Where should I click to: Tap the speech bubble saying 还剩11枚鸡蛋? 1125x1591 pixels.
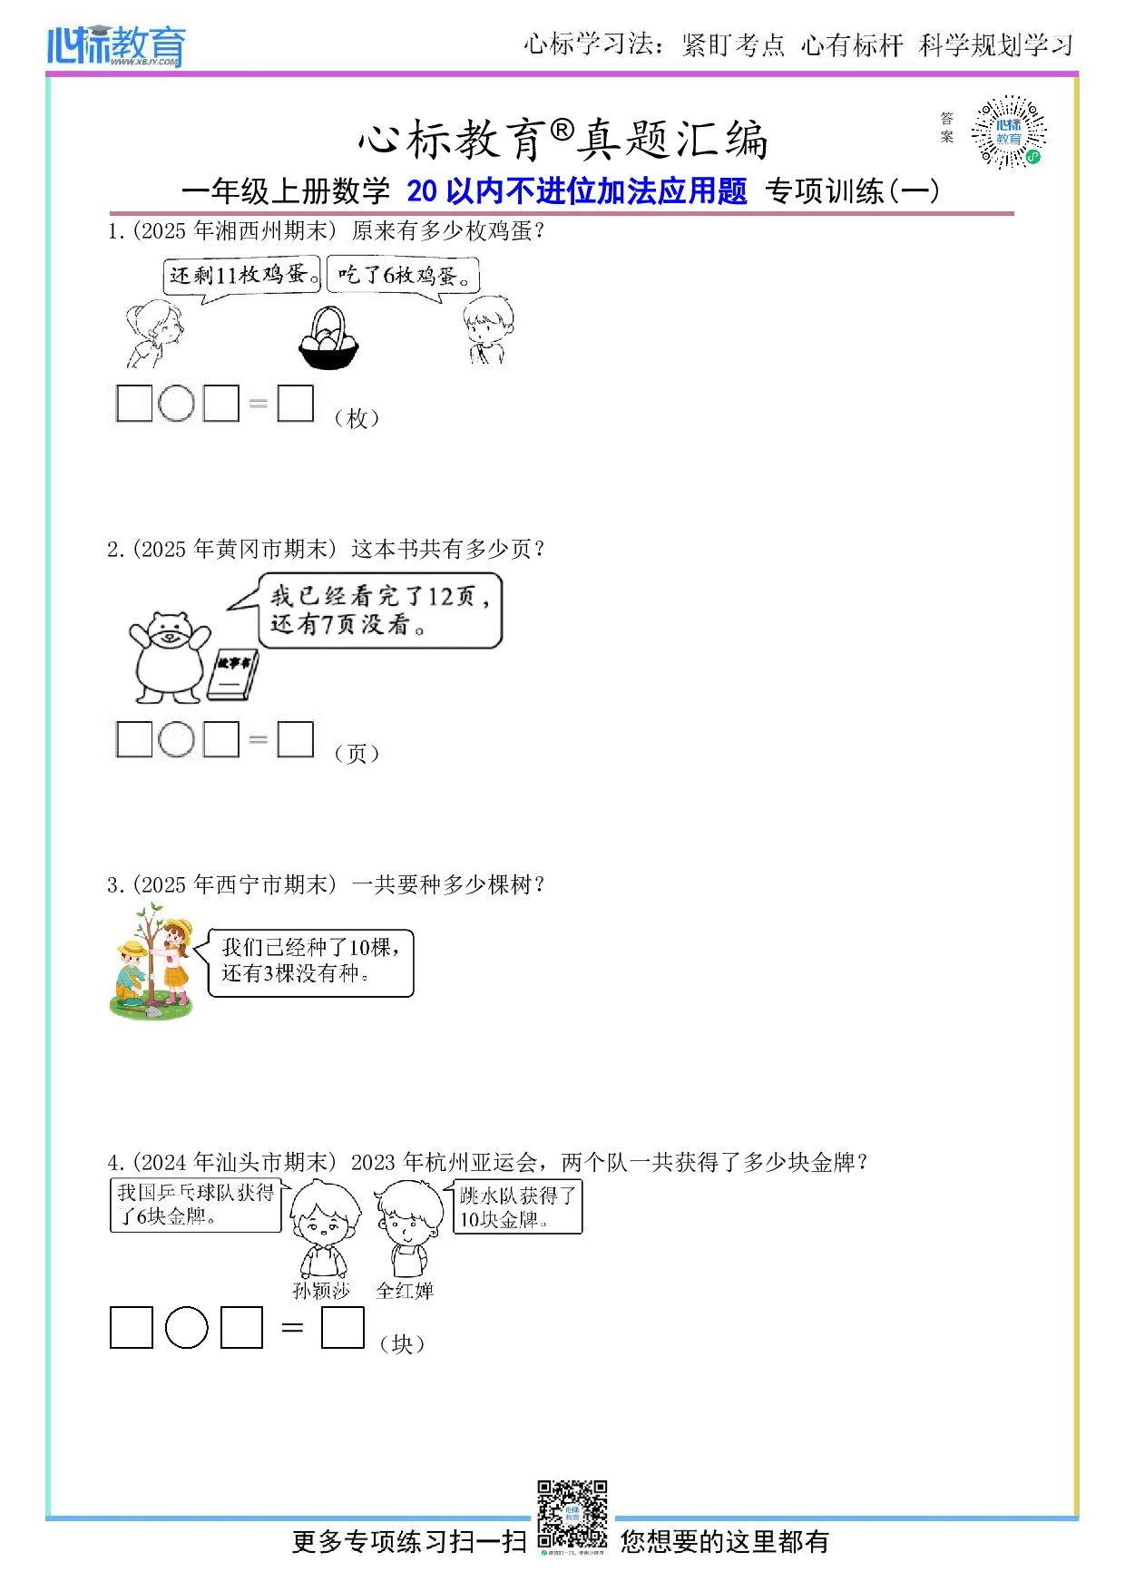(x=243, y=275)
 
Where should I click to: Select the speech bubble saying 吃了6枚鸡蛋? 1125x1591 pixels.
(x=403, y=276)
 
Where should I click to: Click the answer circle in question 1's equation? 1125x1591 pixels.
(x=176, y=404)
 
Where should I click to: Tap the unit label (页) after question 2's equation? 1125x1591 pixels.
(x=357, y=754)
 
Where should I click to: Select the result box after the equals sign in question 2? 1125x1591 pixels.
(x=295, y=738)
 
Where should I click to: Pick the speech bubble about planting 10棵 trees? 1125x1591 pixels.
(x=310, y=962)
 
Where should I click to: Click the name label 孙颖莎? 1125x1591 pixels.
(x=321, y=1291)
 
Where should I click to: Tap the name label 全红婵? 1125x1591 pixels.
(x=405, y=1291)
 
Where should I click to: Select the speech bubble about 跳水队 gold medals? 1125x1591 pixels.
(x=517, y=1207)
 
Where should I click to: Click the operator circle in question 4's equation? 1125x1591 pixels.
(x=187, y=1328)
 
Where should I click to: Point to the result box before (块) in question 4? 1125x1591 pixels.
(x=342, y=1328)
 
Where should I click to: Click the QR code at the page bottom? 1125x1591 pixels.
(x=572, y=1514)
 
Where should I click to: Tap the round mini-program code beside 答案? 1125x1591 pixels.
(x=1009, y=132)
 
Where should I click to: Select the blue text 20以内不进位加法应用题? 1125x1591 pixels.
(x=577, y=191)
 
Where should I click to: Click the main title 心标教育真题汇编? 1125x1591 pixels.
(x=563, y=140)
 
